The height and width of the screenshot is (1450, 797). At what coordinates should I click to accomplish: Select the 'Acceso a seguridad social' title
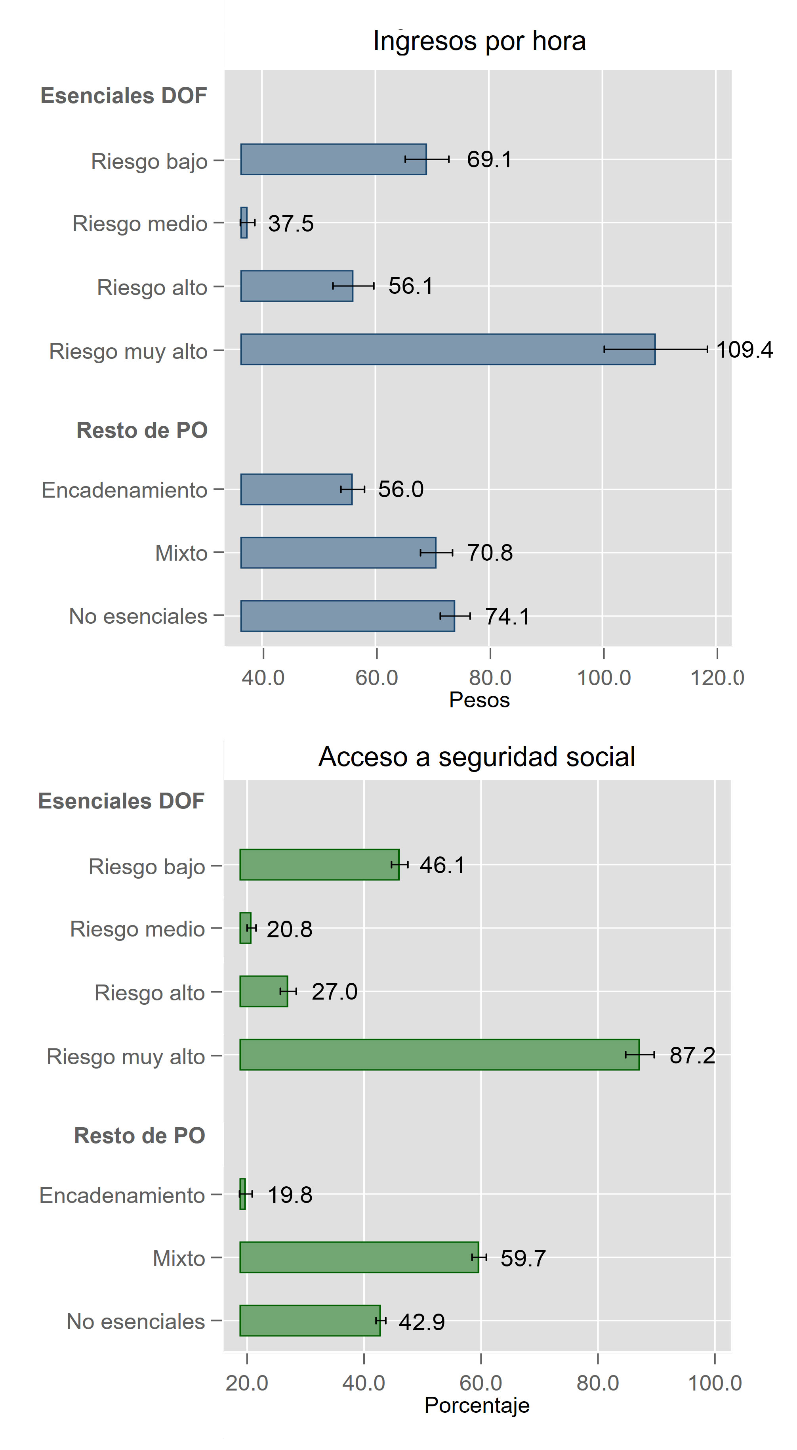(x=477, y=757)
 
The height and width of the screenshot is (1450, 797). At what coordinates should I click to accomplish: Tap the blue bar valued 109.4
(x=447, y=350)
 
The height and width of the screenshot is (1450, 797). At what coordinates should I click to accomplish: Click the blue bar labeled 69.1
(x=333, y=159)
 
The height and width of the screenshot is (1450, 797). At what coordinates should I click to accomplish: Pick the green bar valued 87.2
(x=439, y=1054)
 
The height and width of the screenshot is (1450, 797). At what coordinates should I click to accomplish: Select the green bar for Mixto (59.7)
(x=359, y=1257)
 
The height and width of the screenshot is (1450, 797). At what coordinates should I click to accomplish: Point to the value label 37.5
(x=290, y=224)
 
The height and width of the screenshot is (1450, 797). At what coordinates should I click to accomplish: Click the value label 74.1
(x=507, y=617)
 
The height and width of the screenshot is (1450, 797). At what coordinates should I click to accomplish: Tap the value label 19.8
(x=290, y=1194)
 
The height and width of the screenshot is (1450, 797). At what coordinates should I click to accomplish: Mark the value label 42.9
(x=421, y=1322)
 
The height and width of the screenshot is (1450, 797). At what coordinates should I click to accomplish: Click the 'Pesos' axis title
(x=479, y=700)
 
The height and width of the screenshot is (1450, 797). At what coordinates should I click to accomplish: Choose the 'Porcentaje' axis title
(x=477, y=1405)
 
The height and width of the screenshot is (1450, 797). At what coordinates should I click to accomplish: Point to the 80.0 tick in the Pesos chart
(x=490, y=678)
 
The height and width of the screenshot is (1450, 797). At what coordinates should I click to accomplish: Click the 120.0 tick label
(x=717, y=678)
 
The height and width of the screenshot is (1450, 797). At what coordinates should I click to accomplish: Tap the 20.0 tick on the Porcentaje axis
(x=247, y=1383)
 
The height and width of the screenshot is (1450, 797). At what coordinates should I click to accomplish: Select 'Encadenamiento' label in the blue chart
(x=124, y=490)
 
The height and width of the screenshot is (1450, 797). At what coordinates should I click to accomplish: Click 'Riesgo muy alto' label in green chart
(x=126, y=1057)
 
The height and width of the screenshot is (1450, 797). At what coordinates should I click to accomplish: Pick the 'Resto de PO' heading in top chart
(x=142, y=430)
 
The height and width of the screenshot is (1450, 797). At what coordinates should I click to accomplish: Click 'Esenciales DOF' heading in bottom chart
(x=121, y=801)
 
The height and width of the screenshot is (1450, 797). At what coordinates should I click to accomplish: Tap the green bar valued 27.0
(x=263, y=991)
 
